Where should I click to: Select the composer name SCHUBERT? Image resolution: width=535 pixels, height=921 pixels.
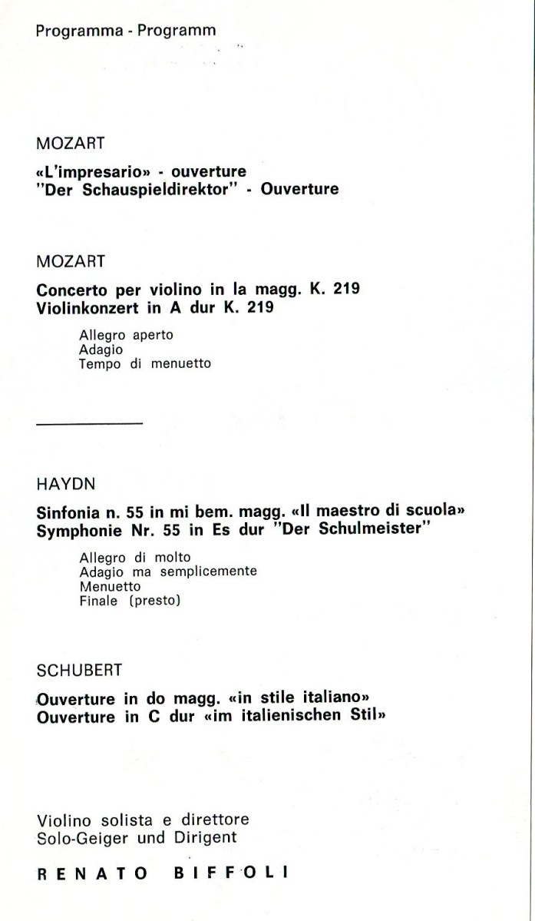[x=79, y=670]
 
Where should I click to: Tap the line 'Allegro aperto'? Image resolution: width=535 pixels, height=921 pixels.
[x=126, y=336]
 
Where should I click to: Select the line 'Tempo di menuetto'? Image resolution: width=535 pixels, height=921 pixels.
[x=144, y=363]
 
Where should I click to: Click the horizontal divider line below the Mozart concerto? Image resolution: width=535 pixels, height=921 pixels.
[x=89, y=422]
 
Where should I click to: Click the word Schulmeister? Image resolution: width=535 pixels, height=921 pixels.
[x=377, y=531]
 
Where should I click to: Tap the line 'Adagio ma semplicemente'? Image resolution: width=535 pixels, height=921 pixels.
[x=168, y=571]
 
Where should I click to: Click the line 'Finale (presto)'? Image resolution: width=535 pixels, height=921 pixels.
[x=129, y=601]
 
